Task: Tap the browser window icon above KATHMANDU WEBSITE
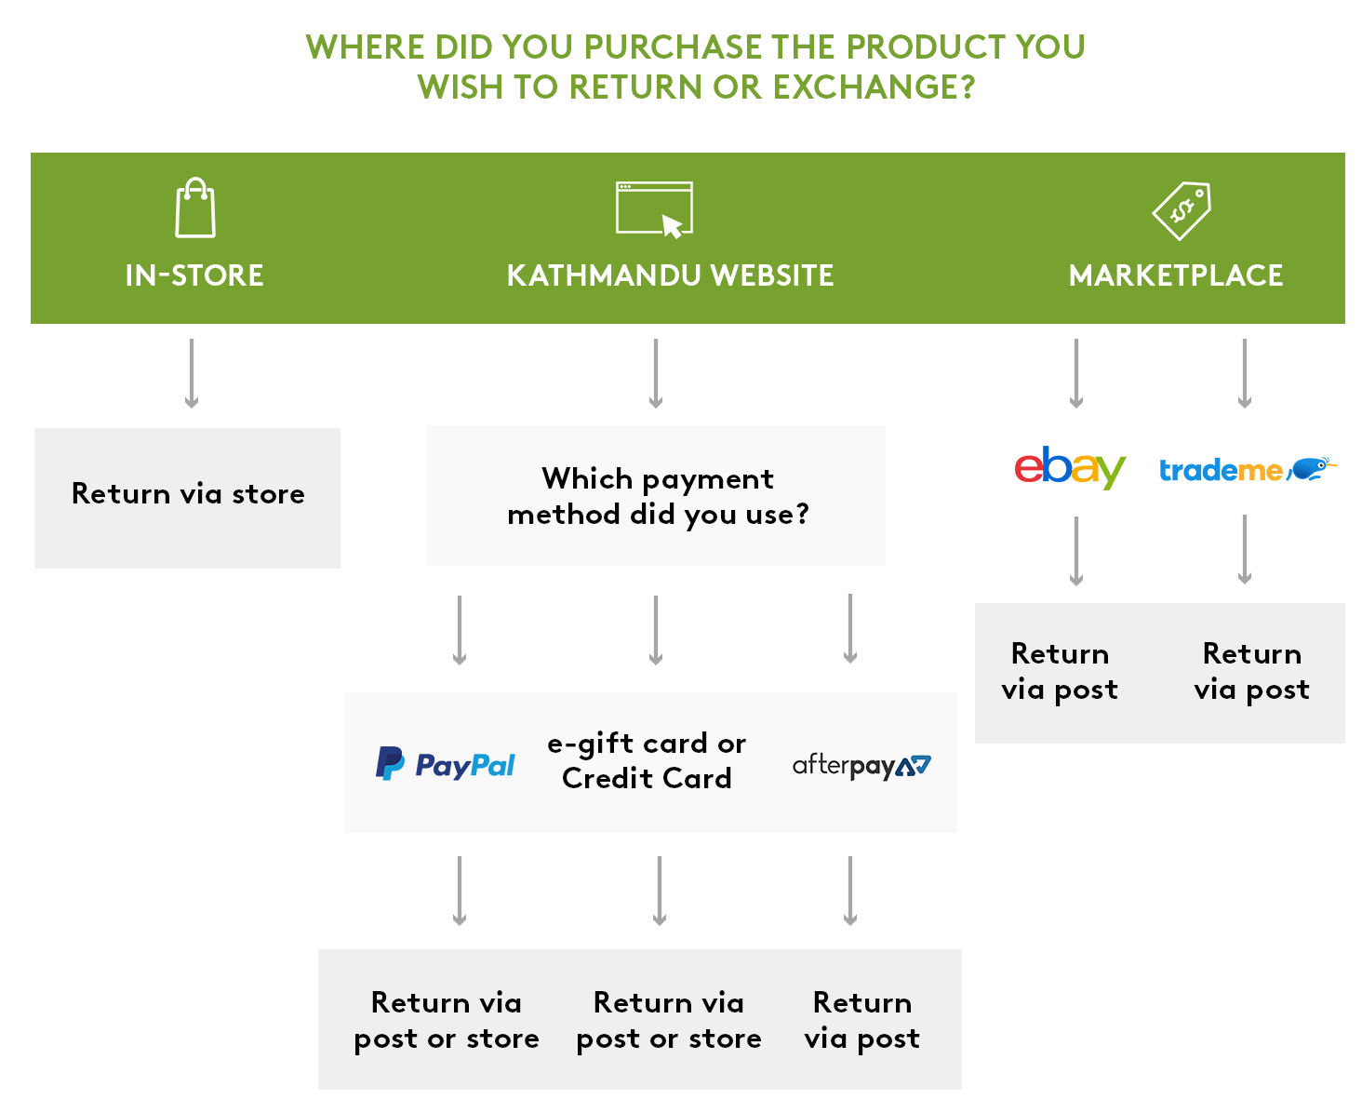click(653, 208)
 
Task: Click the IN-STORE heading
click(194, 275)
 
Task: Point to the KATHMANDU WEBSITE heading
click(669, 275)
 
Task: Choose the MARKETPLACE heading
click(1174, 275)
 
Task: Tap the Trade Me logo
click(1246, 468)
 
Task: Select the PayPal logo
click(445, 763)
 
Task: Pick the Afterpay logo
click(861, 766)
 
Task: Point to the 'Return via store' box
click(187, 497)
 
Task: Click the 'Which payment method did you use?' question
click(657, 496)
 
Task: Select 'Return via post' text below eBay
click(1059, 671)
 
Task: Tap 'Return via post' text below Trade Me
click(1250, 671)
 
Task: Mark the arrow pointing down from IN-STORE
click(191, 373)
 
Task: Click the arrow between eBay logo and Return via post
click(1075, 550)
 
